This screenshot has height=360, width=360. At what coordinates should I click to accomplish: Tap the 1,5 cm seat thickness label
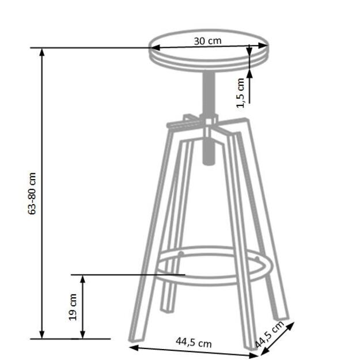(241, 92)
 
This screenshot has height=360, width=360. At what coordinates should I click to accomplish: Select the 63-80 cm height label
(33, 193)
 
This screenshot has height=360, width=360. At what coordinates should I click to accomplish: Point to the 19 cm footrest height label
(73, 306)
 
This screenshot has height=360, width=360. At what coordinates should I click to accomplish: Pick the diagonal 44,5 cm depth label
(270, 335)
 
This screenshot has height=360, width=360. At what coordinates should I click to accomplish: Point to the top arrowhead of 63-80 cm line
(42, 52)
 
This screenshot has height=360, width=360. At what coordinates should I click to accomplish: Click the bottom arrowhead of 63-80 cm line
(42, 334)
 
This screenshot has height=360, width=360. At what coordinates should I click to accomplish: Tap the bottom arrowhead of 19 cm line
(83, 334)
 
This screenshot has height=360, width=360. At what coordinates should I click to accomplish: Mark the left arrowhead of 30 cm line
(154, 48)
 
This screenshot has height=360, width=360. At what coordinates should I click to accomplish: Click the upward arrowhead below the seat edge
(250, 71)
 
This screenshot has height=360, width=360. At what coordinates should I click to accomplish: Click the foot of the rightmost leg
(282, 316)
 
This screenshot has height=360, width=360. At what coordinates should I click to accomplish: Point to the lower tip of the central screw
(210, 160)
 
